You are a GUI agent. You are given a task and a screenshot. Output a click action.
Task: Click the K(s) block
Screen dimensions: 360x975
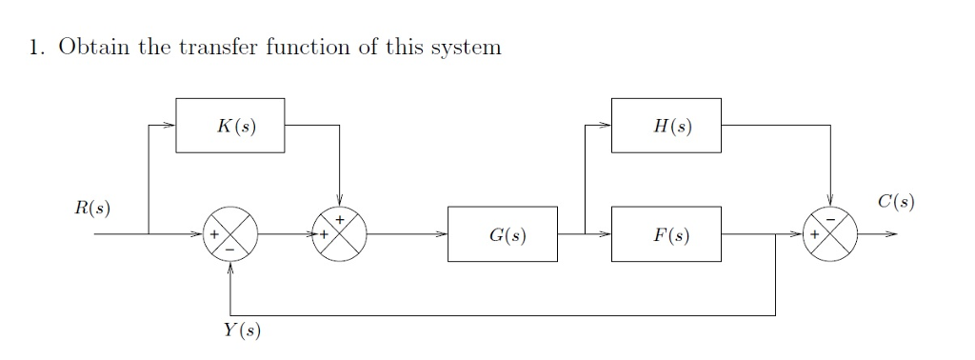(229, 125)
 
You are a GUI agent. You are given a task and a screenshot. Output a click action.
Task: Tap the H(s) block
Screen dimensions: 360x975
(666, 125)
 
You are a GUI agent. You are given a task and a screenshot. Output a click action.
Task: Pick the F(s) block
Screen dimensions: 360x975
(666, 233)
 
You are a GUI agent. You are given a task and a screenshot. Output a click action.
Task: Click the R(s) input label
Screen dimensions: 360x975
(92, 208)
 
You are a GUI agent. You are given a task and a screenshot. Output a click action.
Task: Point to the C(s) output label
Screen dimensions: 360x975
(896, 202)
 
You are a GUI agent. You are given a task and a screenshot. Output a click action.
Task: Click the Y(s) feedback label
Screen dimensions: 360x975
(240, 330)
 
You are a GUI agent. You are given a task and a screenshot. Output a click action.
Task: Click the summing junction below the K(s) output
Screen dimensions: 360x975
(339, 233)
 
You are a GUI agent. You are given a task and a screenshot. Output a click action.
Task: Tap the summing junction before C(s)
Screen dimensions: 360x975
(830, 233)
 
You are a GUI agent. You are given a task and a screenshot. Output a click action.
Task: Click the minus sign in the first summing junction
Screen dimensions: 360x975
(229, 247)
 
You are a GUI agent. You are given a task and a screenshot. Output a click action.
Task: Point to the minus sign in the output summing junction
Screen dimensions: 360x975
(830, 220)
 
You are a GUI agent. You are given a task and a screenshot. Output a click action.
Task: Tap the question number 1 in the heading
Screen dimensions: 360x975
(34, 48)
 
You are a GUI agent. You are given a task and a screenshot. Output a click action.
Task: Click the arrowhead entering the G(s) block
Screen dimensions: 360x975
(444, 233)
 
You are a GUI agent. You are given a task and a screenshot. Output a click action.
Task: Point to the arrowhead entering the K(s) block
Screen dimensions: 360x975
(170, 125)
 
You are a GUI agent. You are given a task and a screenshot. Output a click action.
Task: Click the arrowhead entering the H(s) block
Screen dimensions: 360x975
(607, 125)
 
